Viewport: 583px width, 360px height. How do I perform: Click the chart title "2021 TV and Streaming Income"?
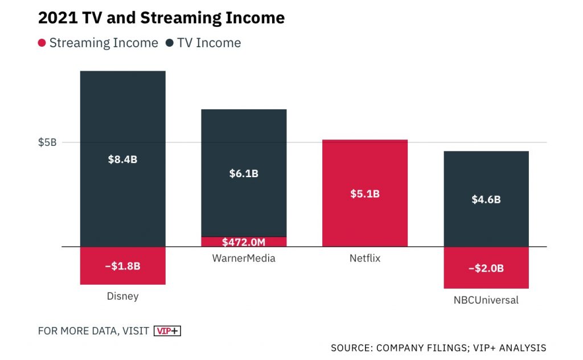[161, 18]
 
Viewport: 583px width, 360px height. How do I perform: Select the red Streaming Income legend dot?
[42, 43]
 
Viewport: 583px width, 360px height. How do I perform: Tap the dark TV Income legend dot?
[170, 43]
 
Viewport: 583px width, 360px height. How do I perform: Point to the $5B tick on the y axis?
[47, 142]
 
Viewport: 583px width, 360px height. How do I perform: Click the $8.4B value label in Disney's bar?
[122, 159]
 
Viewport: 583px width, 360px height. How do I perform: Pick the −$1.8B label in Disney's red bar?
[122, 266]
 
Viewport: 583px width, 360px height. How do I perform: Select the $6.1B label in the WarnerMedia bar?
[244, 174]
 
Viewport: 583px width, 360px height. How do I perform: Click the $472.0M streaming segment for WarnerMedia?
[244, 242]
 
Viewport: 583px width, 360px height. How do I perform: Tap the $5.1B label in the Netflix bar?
[365, 194]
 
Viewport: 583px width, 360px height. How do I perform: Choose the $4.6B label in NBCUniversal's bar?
[486, 199]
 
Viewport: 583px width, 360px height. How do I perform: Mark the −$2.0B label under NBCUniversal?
[486, 268]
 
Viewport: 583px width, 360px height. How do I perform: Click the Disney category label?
[122, 296]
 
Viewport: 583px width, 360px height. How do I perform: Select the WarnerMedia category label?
[244, 258]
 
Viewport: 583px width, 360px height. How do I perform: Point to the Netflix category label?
[365, 258]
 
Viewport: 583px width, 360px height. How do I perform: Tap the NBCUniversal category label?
[486, 300]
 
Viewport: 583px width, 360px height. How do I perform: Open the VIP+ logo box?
[167, 331]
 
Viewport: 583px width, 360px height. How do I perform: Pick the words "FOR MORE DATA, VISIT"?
[93, 331]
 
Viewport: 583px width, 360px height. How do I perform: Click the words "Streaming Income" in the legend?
[104, 43]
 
